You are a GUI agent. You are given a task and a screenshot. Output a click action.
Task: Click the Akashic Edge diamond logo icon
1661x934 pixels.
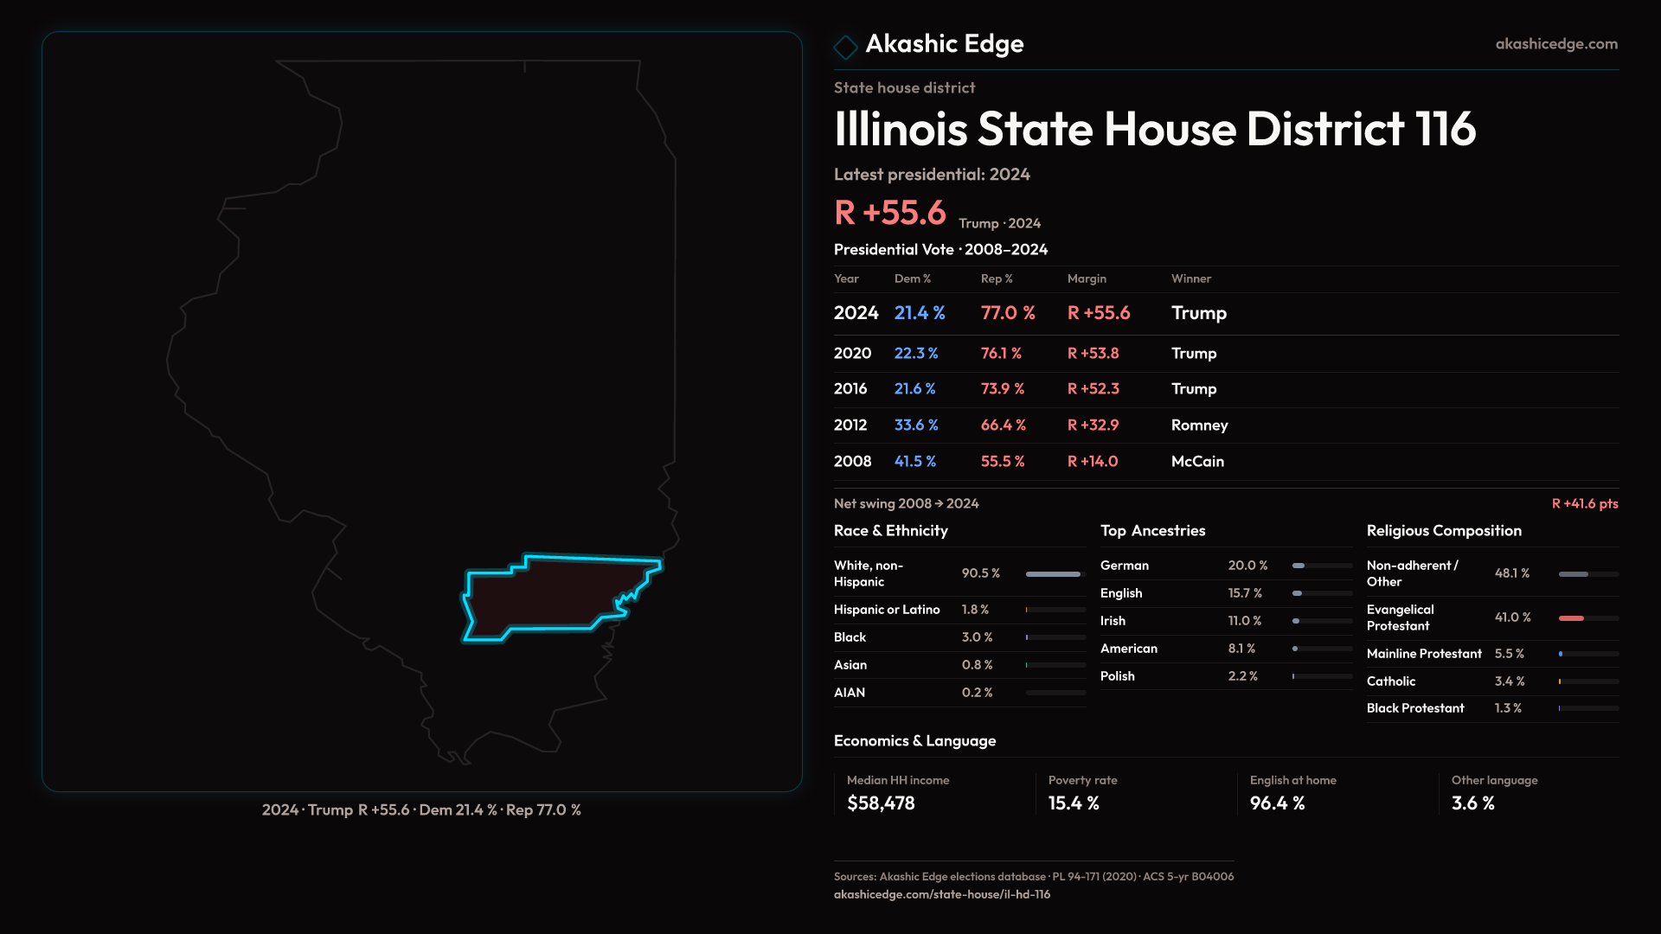click(x=845, y=46)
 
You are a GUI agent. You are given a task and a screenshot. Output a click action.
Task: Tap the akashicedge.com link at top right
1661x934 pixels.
click(x=1555, y=44)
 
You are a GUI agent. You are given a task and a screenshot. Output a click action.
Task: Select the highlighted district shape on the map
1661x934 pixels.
click(x=545, y=597)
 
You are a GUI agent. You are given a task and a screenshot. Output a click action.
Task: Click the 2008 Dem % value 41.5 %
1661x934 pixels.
click(x=914, y=462)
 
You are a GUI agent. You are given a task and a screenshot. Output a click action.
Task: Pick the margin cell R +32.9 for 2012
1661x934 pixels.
click(x=1093, y=425)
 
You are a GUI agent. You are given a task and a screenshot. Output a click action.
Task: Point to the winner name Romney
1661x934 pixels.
click(x=1199, y=425)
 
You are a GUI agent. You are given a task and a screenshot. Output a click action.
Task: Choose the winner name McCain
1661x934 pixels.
click(x=1197, y=462)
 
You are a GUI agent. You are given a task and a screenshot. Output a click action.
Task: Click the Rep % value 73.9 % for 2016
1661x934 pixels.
click(x=1002, y=389)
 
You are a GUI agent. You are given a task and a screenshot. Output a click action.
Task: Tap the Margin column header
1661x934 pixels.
click(x=1087, y=278)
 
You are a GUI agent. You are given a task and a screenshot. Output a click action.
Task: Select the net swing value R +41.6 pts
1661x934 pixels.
click(x=1584, y=503)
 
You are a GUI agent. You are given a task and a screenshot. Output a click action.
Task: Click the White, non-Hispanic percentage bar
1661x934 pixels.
click(x=1053, y=574)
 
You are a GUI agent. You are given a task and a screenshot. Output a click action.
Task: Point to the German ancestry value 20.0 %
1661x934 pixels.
click(x=1247, y=566)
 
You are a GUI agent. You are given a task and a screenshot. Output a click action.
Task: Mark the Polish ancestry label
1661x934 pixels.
click(x=1117, y=676)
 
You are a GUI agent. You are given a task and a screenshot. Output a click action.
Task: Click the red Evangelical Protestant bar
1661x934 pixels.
click(x=1571, y=618)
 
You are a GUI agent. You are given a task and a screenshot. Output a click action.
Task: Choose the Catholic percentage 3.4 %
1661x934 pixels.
click(x=1509, y=681)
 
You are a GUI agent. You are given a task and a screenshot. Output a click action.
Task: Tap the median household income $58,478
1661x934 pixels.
click(x=881, y=803)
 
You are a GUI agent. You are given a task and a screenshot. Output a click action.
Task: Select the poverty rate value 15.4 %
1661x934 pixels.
click(x=1074, y=803)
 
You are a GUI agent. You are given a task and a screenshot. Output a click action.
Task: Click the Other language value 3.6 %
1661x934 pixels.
click(x=1472, y=803)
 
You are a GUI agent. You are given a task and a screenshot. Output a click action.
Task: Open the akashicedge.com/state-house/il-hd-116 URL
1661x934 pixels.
click(x=941, y=894)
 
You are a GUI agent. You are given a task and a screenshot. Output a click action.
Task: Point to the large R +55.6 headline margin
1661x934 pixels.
click(x=889, y=213)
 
